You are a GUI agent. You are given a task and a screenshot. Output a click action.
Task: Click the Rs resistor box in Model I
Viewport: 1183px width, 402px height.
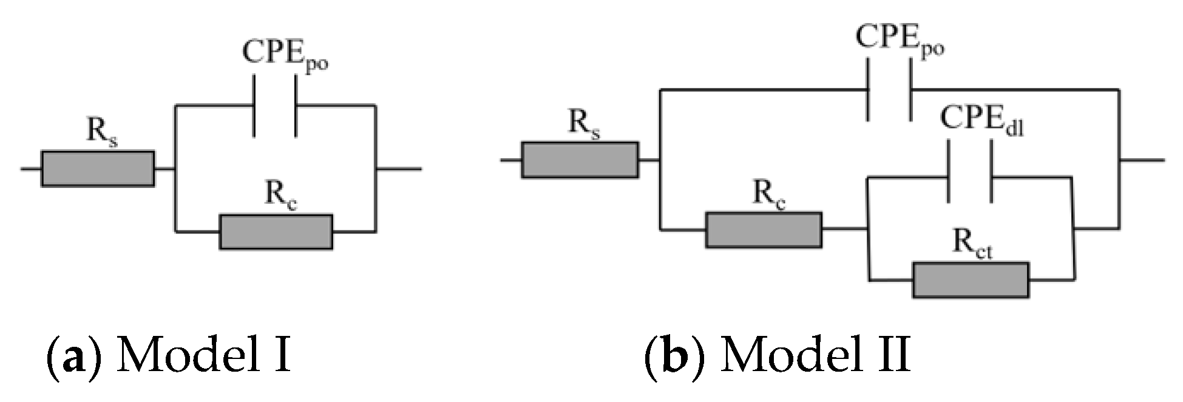click(97, 169)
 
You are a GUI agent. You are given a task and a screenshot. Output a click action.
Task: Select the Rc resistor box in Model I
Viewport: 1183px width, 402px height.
click(276, 232)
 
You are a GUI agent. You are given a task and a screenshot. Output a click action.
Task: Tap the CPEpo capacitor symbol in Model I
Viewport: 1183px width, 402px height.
click(275, 106)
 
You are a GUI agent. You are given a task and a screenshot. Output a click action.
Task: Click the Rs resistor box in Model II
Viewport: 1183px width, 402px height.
click(580, 160)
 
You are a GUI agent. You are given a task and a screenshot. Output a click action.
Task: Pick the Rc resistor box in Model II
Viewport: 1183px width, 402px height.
click(764, 230)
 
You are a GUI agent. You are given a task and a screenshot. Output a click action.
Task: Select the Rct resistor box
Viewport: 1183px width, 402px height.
click(971, 280)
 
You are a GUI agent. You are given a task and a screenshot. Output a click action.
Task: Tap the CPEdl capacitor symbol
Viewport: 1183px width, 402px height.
click(970, 176)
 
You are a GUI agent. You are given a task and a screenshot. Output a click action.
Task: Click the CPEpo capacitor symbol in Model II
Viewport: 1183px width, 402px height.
click(890, 90)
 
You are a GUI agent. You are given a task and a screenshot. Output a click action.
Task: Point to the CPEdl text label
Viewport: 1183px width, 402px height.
click(981, 121)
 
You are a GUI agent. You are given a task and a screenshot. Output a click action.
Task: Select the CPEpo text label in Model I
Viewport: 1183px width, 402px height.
click(285, 54)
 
